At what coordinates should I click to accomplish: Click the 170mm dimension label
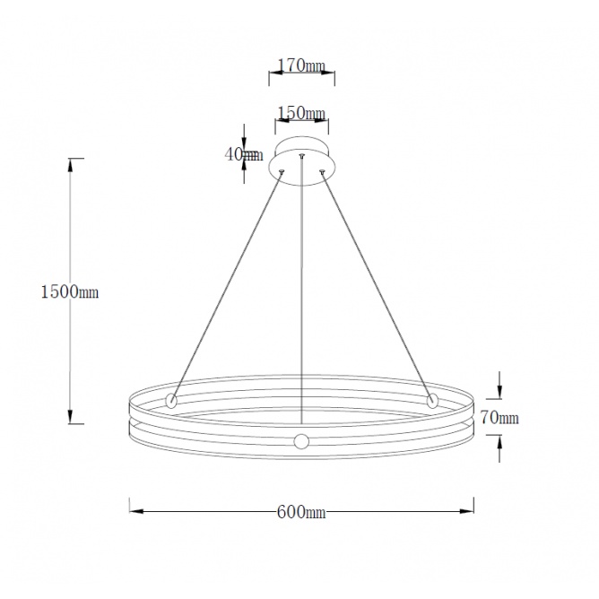pyautogui.click(x=301, y=65)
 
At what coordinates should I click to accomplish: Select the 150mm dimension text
pyautogui.click(x=301, y=113)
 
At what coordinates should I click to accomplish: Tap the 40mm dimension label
pyautogui.click(x=244, y=154)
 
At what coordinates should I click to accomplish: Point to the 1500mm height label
pyautogui.click(x=70, y=291)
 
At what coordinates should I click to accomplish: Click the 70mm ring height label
pyautogui.click(x=499, y=417)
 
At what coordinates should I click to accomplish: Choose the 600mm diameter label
pyautogui.click(x=301, y=512)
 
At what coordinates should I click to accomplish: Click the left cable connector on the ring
pyautogui.click(x=170, y=401)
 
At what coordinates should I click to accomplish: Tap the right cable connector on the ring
pyautogui.click(x=432, y=401)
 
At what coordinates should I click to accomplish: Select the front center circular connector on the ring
pyautogui.click(x=301, y=441)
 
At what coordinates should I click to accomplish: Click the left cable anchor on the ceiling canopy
pyautogui.click(x=282, y=171)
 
